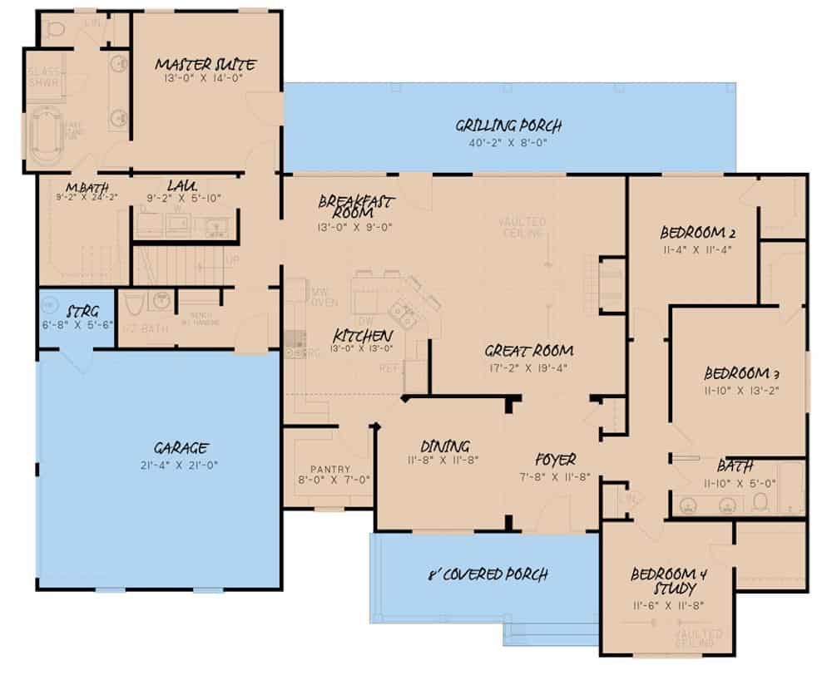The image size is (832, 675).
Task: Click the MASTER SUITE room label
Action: (205, 64)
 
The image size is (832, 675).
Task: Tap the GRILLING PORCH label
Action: (508, 126)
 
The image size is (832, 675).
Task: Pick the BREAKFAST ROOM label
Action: (357, 206)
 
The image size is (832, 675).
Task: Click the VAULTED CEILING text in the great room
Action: (522, 227)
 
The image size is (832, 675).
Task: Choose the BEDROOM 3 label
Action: (740, 372)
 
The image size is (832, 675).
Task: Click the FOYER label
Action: (556, 459)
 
